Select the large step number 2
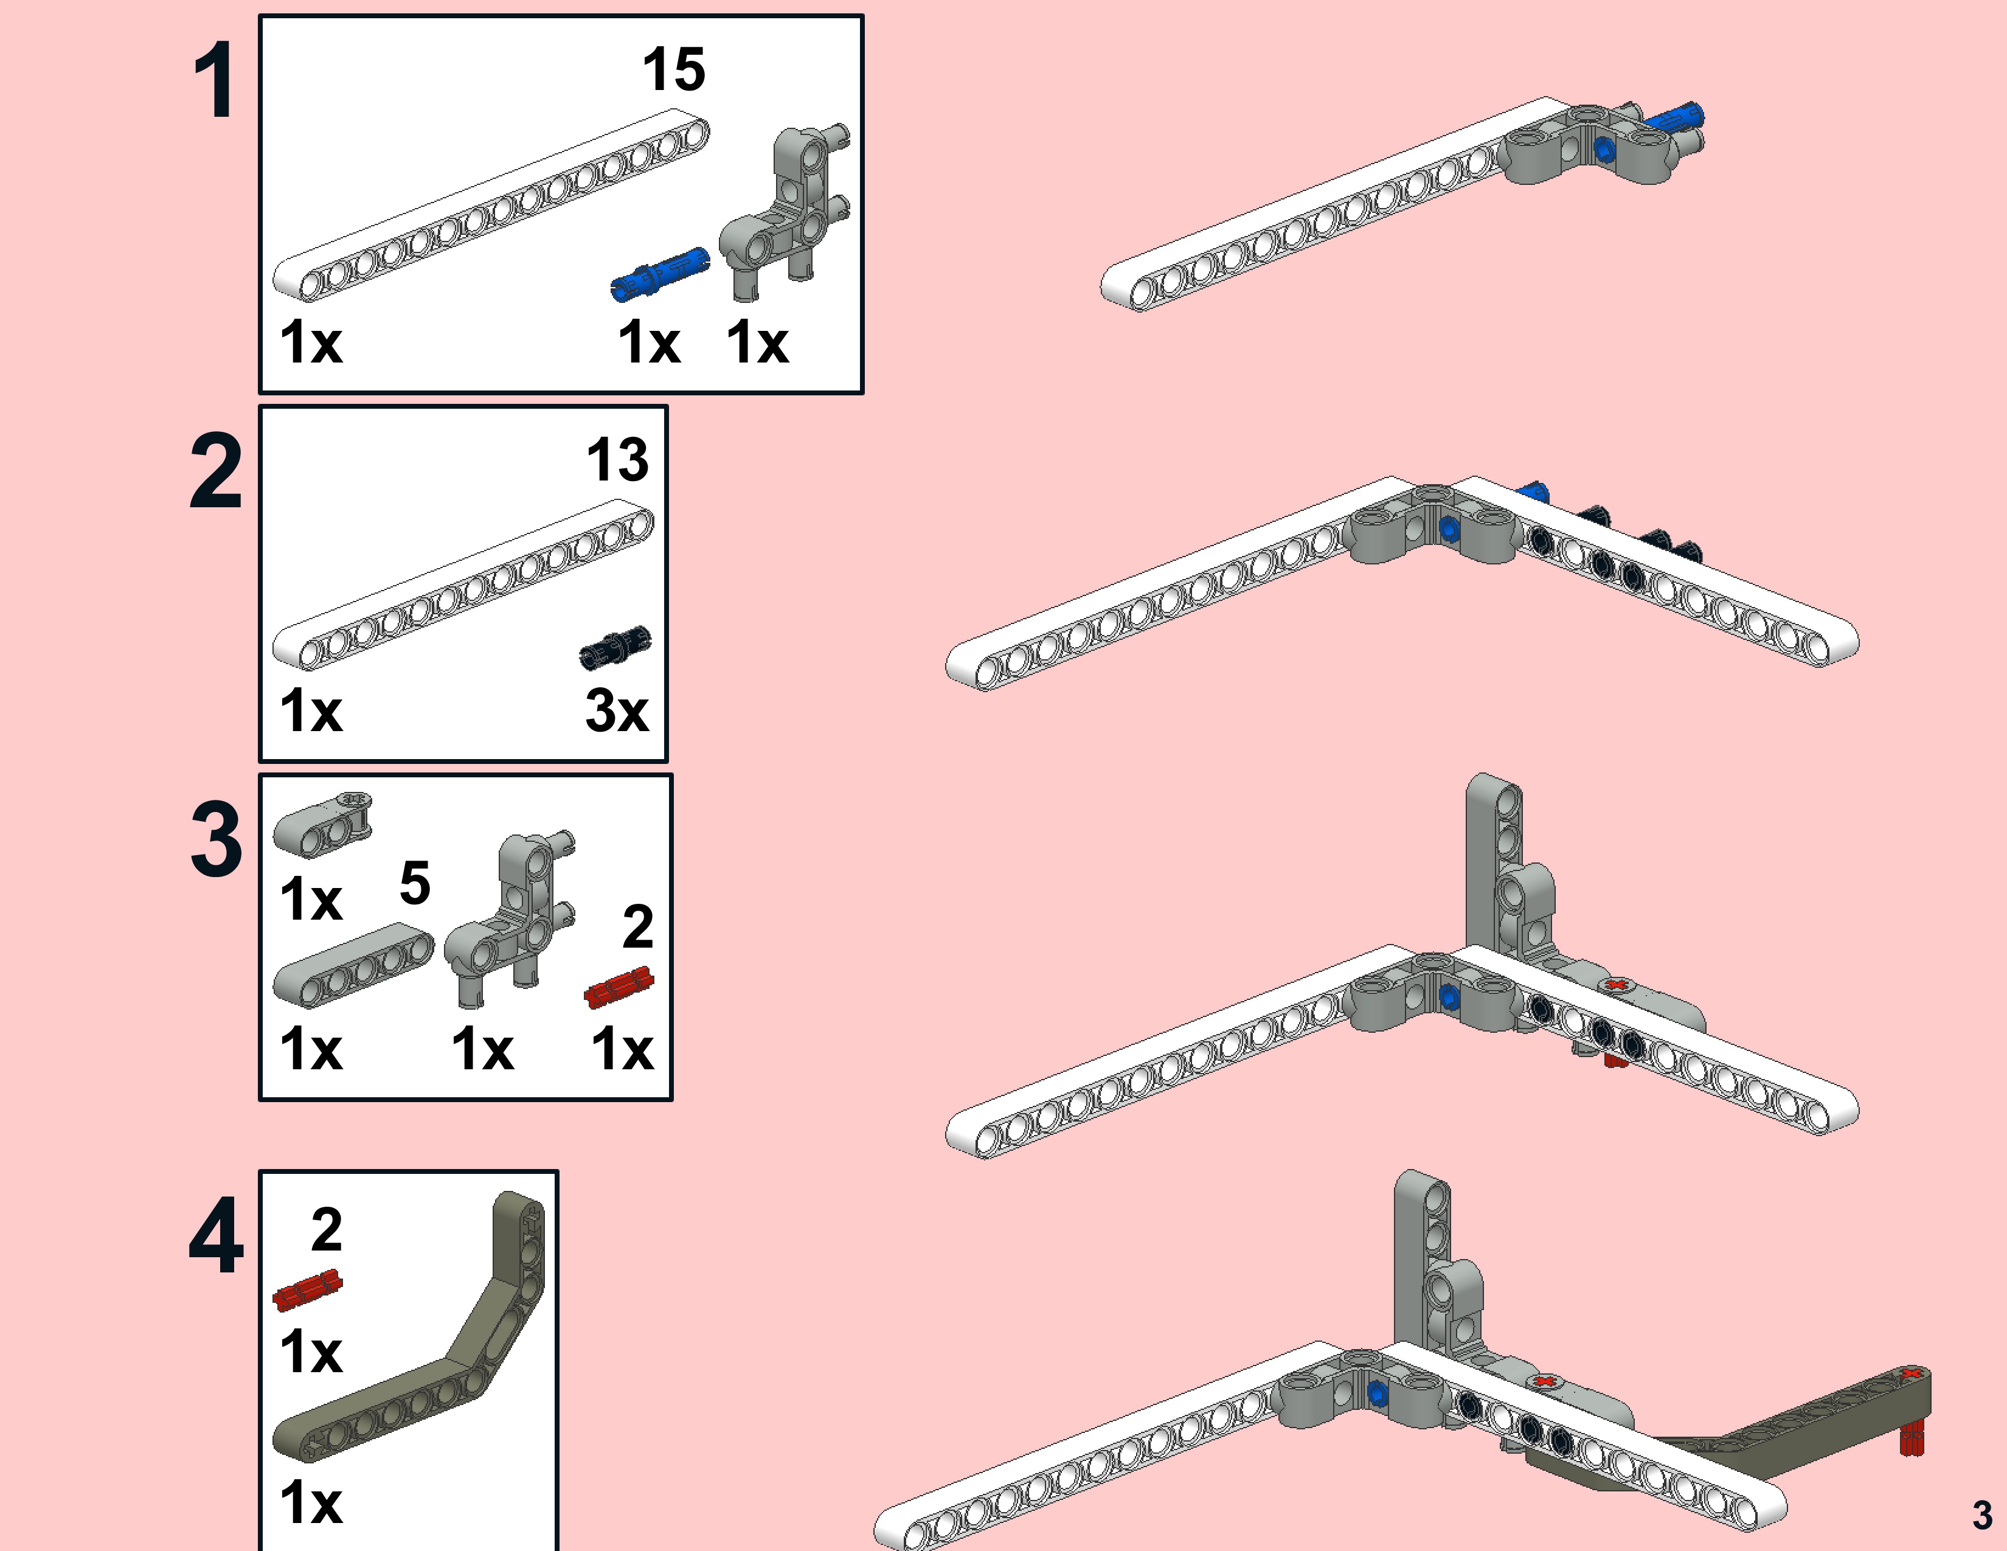216,471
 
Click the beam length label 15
674,70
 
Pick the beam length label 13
617,459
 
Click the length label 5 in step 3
414,883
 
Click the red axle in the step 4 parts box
308,1290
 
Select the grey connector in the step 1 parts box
786,211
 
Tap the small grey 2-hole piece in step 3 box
322,824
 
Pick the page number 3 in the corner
1982,1515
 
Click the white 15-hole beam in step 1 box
491,204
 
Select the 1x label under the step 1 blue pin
649,342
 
